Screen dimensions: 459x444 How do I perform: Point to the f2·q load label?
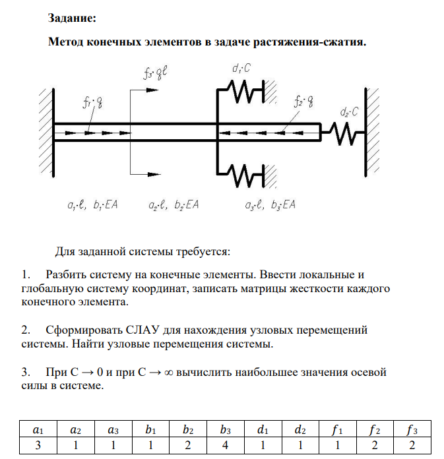click(x=304, y=102)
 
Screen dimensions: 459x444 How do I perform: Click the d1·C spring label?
click(x=241, y=68)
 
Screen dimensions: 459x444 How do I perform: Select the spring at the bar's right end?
click(x=344, y=133)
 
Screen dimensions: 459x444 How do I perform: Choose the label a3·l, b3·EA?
click(x=270, y=205)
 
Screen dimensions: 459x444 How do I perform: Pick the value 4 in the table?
click(x=226, y=445)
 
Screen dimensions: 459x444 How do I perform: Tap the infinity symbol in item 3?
click(x=163, y=373)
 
